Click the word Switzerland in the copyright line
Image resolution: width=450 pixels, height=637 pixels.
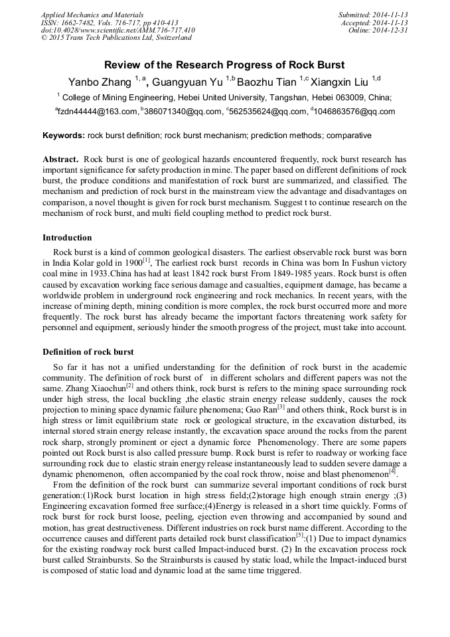click(x=170, y=38)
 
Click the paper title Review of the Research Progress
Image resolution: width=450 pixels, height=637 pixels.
click(x=224, y=65)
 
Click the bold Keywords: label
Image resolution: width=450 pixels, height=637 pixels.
click(x=64, y=136)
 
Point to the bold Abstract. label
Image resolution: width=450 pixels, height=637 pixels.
click(x=61, y=160)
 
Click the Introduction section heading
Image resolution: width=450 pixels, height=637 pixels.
click(x=67, y=238)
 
